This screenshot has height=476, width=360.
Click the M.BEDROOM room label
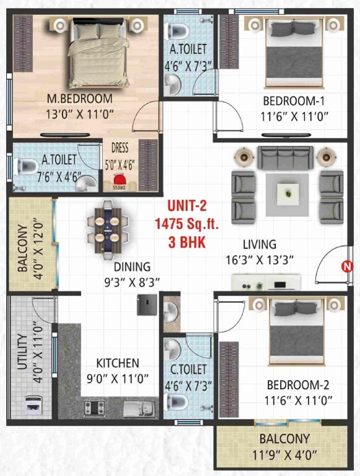pos(82,99)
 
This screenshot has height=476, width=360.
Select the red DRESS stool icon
pos(118,183)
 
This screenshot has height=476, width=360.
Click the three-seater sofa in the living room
pos(285,159)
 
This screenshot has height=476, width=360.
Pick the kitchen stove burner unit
pos(95,408)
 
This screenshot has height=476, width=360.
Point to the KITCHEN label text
pos(117,363)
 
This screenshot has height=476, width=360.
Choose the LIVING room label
pos(259,245)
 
